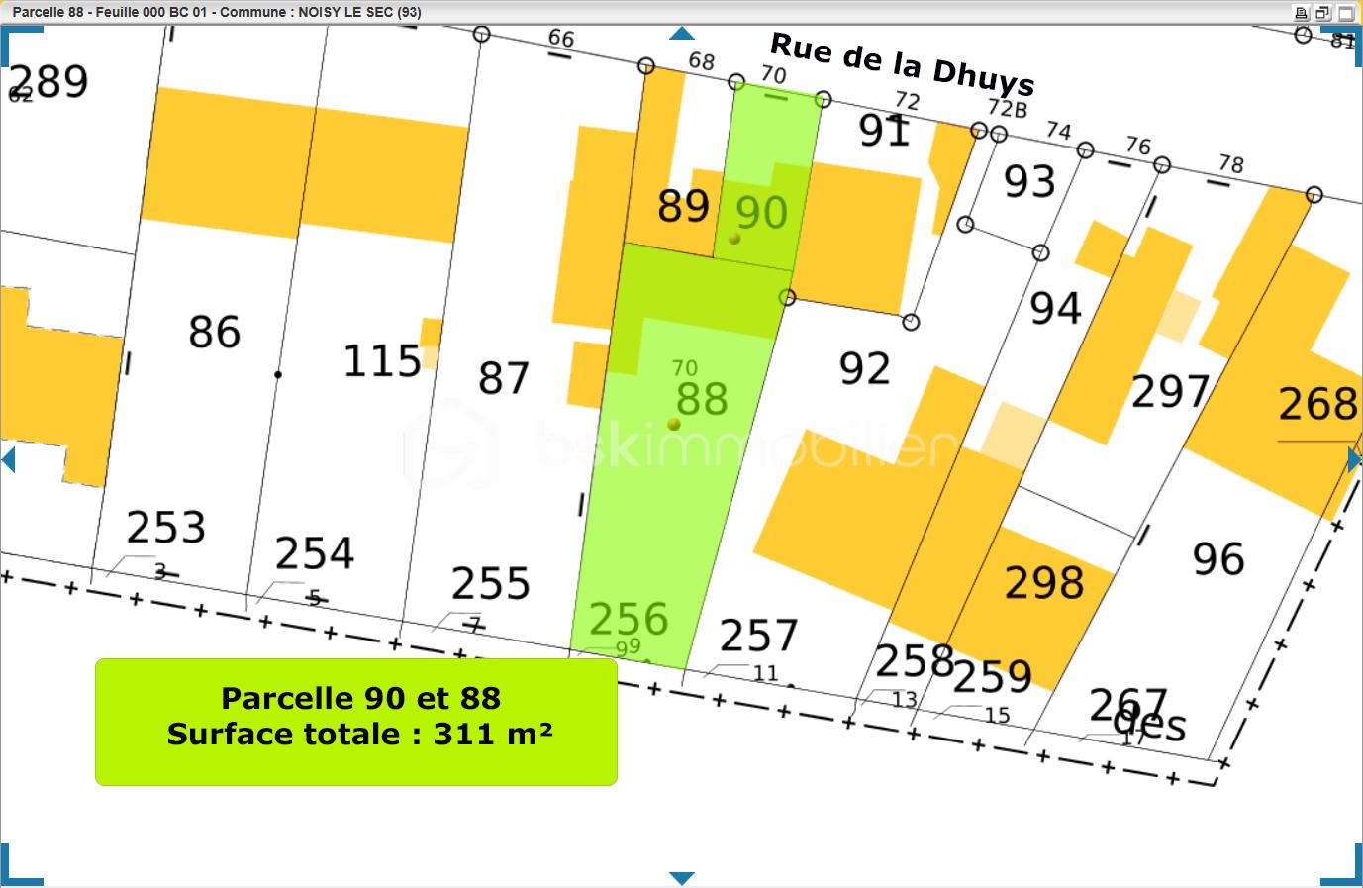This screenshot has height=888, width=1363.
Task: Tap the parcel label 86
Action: (215, 332)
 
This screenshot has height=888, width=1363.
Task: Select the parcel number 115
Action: (382, 361)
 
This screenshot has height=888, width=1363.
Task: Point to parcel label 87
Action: (504, 378)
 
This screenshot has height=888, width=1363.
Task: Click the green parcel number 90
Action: (761, 213)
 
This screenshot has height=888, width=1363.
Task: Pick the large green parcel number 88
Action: (702, 399)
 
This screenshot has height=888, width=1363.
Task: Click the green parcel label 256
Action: (629, 619)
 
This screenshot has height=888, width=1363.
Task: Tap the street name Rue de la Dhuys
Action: (902, 64)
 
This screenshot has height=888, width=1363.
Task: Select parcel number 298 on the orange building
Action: (1044, 582)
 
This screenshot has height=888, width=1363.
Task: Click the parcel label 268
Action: (1317, 404)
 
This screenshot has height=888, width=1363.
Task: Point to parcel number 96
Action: (1217, 559)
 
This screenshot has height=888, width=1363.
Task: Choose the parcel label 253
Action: (166, 527)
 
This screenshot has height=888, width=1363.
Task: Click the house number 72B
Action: (1008, 108)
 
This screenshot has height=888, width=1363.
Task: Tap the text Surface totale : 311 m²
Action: (359, 735)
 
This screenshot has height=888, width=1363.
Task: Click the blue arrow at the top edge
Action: (681, 34)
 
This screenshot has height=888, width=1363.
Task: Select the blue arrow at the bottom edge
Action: (681, 878)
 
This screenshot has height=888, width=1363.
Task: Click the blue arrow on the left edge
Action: (9, 459)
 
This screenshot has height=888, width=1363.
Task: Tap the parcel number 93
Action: (1029, 182)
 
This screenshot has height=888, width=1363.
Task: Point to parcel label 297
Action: (1171, 392)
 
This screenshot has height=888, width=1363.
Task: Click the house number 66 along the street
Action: (561, 38)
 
